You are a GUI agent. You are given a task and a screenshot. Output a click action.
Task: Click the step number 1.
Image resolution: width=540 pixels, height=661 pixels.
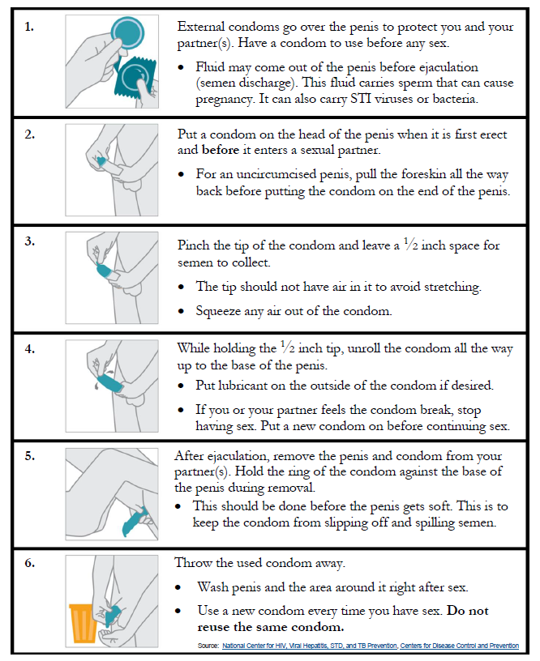point(28,27)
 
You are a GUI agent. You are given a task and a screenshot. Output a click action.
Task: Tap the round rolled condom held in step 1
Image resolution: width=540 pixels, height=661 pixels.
point(126,32)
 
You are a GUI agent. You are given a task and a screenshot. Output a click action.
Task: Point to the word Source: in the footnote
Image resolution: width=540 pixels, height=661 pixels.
point(208,646)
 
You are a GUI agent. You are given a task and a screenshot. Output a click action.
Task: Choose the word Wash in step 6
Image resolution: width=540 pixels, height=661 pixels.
point(213,586)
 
